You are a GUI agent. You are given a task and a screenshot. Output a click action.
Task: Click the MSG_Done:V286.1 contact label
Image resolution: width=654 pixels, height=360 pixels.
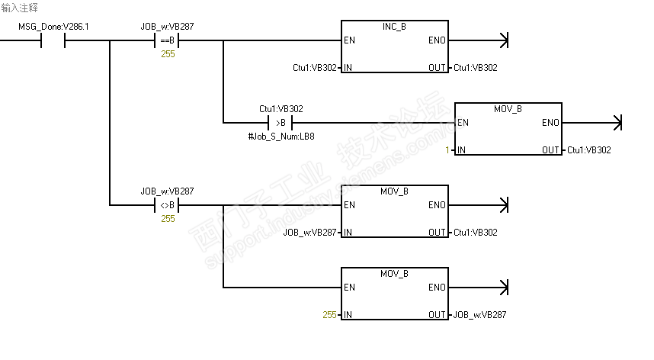pos(53,27)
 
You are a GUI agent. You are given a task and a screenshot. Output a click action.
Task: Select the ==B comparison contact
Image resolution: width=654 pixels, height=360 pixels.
pos(167,40)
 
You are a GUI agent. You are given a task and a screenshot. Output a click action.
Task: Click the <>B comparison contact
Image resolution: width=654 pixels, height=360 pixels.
pos(167,205)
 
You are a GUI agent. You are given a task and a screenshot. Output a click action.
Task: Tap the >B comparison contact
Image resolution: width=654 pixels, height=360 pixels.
pos(281,123)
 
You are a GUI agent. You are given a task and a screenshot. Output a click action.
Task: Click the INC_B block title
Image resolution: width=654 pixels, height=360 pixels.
pos(393,27)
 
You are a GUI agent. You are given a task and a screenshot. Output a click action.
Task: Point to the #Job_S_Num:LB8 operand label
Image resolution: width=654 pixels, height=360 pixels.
pos(281,136)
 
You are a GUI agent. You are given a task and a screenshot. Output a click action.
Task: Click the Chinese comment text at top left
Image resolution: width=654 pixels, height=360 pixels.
pos(20,7)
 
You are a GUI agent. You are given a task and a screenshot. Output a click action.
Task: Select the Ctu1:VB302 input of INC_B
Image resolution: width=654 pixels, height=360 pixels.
pos(315,68)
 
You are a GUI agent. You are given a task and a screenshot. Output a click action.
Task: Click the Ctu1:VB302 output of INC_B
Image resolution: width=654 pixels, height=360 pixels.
pos(476,68)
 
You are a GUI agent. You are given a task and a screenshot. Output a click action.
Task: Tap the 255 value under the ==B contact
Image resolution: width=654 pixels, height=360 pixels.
pos(168,54)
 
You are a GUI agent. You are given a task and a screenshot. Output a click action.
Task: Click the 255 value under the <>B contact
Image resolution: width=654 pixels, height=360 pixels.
pos(168,219)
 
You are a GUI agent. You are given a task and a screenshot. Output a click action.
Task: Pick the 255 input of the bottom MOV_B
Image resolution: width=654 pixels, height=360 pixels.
pos(329,315)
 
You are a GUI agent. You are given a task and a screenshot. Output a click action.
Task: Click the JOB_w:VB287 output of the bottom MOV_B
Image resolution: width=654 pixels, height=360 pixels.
pos(479,315)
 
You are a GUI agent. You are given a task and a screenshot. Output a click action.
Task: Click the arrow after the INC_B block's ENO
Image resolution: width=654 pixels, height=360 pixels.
pos(502,40)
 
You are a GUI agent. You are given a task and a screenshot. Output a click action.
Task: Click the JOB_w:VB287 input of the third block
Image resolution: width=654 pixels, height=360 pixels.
pos(309,233)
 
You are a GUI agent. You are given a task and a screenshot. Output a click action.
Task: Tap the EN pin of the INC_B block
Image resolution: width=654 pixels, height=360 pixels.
pos(349,40)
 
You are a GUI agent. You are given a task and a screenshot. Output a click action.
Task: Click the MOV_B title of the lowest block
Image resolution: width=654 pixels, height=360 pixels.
pos(394,274)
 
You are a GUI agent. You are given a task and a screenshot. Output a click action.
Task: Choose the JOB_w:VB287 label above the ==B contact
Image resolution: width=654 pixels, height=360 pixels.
pos(167,27)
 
